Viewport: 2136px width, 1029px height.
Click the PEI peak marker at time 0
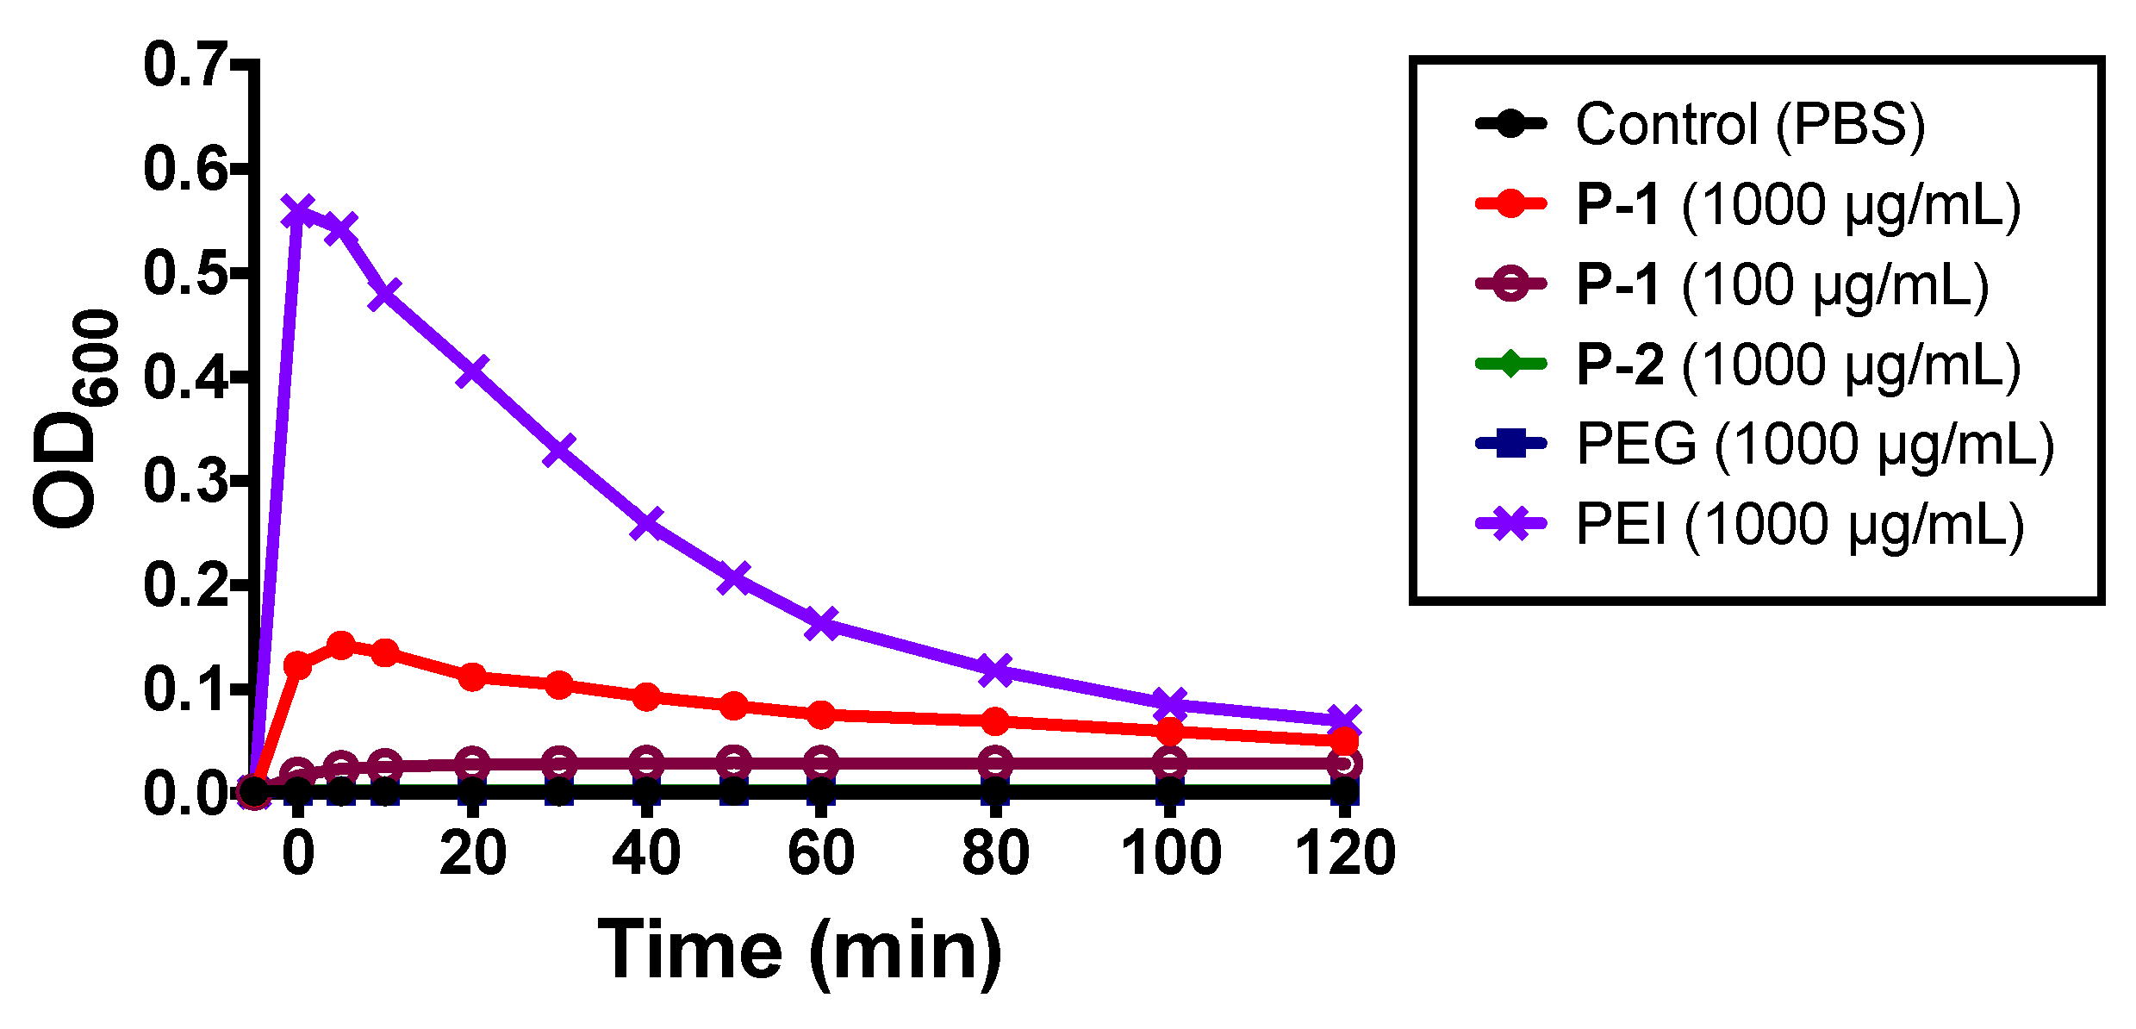[297, 210]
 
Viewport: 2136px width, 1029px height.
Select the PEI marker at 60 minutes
[821, 623]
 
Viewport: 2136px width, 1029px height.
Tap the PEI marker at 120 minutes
[1344, 720]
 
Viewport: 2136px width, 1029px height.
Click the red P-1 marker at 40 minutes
[646, 696]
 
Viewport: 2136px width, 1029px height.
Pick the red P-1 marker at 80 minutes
[995, 720]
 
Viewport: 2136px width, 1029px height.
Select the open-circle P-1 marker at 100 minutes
[1169, 763]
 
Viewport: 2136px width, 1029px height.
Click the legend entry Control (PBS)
[1749, 124]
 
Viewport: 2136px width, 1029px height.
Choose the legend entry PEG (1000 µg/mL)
[1815, 445]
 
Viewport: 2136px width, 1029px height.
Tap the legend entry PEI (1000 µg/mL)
[1799, 524]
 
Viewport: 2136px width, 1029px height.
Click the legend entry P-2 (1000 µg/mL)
[1797, 365]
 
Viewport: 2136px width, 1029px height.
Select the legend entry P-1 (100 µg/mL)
[1782, 284]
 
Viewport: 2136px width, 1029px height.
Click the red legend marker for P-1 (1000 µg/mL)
[1510, 204]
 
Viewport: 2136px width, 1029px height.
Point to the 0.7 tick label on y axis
[184, 65]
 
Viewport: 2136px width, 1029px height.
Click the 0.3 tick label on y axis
[184, 481]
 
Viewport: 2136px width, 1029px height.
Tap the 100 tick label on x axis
[1170, 853]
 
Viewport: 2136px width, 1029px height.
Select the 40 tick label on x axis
[646, 853]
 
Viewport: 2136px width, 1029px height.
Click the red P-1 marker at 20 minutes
[472, 677]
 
